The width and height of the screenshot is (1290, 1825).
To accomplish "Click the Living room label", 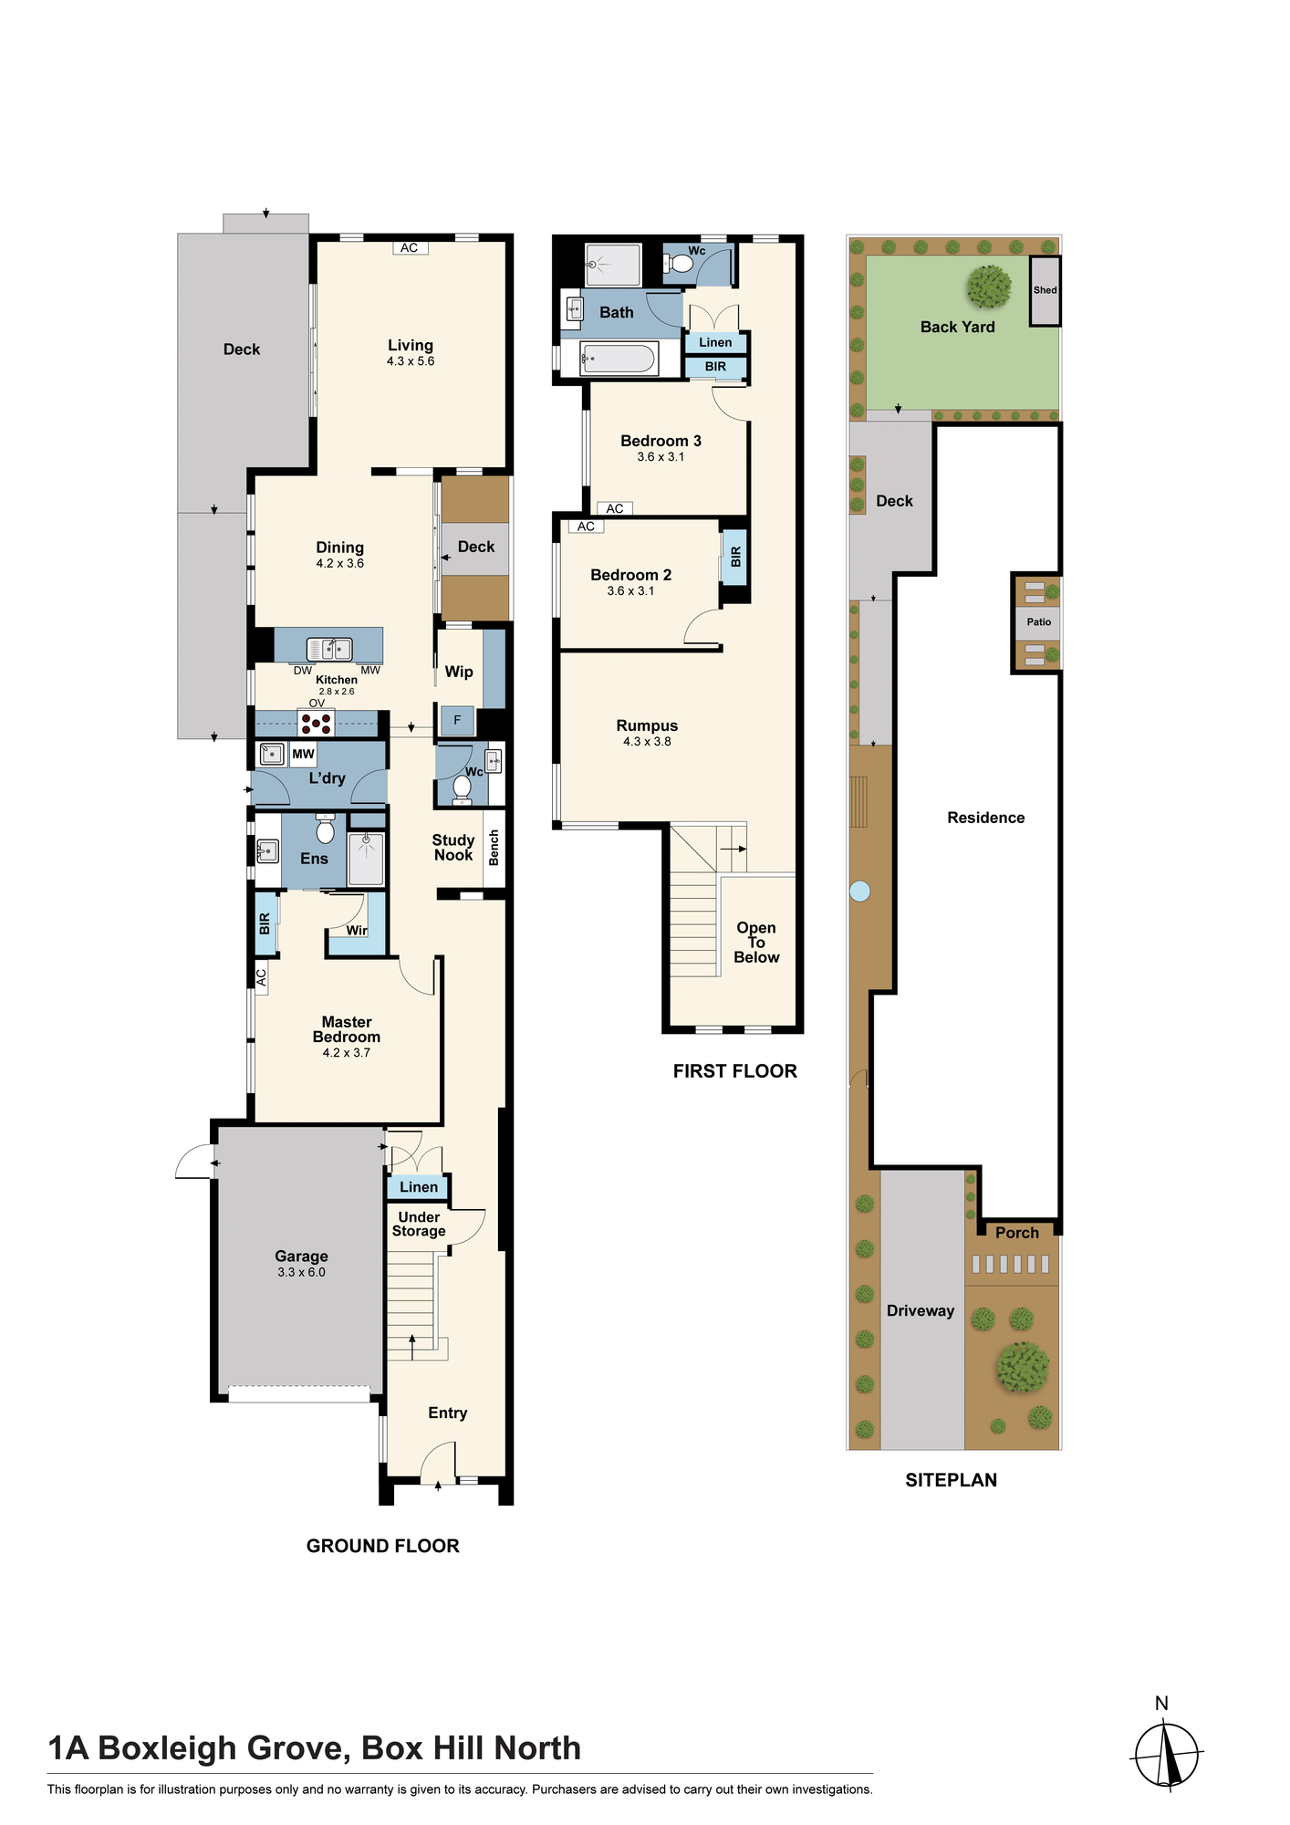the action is (x=411, y=345).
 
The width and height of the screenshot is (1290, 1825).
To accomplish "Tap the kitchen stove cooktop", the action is (x=317, y=723).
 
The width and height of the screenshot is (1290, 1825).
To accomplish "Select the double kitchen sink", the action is (x=329, y=649).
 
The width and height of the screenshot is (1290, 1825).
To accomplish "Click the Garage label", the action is (x=301, y=1257).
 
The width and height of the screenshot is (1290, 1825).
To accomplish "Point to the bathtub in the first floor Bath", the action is (x=619, y=359).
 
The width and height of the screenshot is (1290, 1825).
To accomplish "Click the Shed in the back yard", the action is (x=1046, y=290).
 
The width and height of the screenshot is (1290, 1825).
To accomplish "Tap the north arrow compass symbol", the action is (x=1167, y=1754).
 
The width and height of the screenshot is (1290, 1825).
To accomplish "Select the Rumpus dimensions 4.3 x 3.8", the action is (x=647, y=742).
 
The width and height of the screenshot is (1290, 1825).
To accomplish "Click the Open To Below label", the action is (x=756, y=943).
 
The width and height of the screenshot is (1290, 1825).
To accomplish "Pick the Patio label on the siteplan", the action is (x=1039, y=622).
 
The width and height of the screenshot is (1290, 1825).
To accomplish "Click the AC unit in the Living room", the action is (x=410, y=247).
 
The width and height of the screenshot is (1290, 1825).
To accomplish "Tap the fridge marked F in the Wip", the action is (x=457, y=721).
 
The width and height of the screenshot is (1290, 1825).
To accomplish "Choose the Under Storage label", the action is (x=419, y=1225).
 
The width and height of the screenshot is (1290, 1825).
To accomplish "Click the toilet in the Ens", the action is (x=325, y=829).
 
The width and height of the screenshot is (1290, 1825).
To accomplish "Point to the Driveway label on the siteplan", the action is (x=921, y=1310).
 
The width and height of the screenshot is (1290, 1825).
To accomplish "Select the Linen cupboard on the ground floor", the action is (x=419, y=1186).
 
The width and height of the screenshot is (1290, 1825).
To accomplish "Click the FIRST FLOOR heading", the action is (x=735, y=1071).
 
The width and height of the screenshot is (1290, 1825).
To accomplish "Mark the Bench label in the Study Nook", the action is (x=494, y=848).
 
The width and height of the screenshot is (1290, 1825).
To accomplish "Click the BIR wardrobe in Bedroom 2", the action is (x=735, y=557).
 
